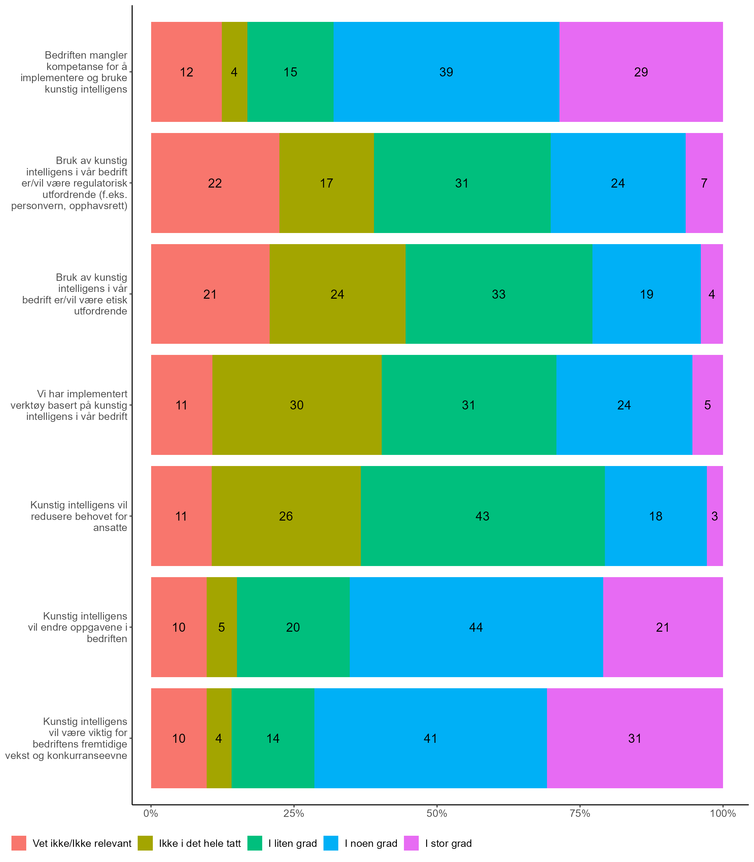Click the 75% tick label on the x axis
(x=579, y=814)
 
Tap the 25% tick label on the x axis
(x=293, y=814)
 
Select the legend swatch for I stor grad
(x=411, y=843)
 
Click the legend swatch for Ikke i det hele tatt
(x=145, y=843)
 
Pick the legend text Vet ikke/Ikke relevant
(x=82, y=843)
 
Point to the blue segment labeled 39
(x=446, y=72)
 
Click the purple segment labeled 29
(x=641, y=72)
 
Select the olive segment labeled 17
(x=327, y=183)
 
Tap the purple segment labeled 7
(x=704, y=183)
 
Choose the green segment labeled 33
(x=499, y=294)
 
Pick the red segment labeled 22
(x=215, y=183)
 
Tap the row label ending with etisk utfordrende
(x=75, y=294)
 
